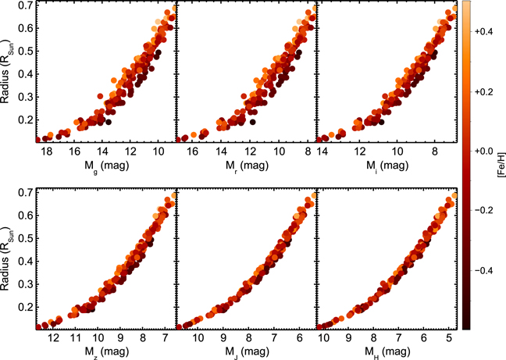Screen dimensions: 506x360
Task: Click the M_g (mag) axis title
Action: pyautogui.click(x=106, y=166)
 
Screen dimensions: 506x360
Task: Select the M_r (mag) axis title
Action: pyautogui.click(x=247, y=166)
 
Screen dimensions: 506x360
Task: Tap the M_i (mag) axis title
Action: pyautogui.click(x=387, y=166)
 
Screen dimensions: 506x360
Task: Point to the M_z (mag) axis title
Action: pyautogui.click(x=106, y=352)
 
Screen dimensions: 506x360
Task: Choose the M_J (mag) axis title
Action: pyautogui.click(x=247, y=352)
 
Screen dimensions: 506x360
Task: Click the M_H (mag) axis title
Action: pyautogui.click(x=387, y=352)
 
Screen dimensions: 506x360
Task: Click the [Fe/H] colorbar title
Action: pyautogui.click(x=501, y=165)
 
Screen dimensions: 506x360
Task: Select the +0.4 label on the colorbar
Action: pyautogui.click(x=483, y=31)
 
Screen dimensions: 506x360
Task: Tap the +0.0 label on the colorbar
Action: pyautogui.click(x=483, y=151)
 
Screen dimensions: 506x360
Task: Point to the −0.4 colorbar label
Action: pyautogui.click(x=483, y=270)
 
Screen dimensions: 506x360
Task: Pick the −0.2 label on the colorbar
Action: pyautogui.click(x=483, y=211)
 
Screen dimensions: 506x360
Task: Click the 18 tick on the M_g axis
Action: pyautogui.click(x=47, y=151)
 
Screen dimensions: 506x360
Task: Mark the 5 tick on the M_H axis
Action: pyautogui.click(x=449, y=337)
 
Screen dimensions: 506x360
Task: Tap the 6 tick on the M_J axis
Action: pyautogui.click(x=300, y=337)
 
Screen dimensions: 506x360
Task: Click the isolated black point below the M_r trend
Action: pyautogui.click(x=252, y=122)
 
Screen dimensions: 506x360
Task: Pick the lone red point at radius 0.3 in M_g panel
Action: pyautogui.click(x=100, y=96)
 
